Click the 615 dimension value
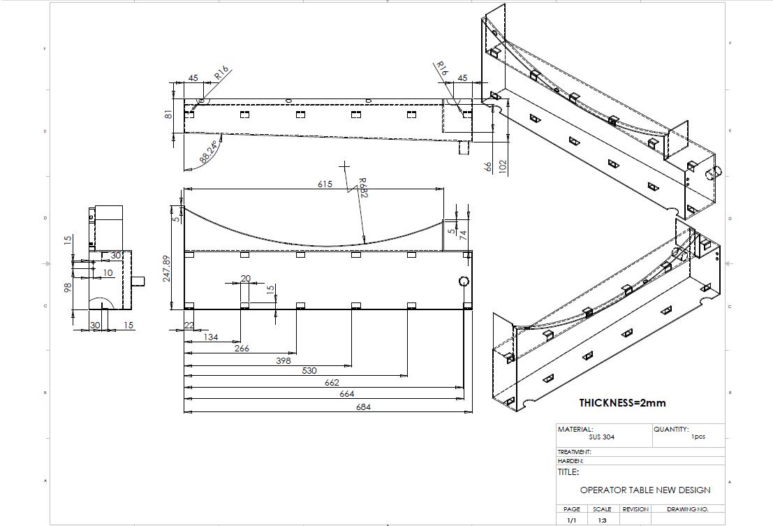click(x=325, y=184)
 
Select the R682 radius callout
click(x=362, y=189)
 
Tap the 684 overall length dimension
click(x=364, y=407)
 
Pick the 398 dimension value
click(x=283, y=360)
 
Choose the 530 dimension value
click(x=309, y=370)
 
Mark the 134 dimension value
click(x=210, y=337)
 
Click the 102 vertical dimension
click(x=503, y=167)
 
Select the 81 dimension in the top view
click(x=168, y=113)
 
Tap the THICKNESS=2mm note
click(x=622, y=402)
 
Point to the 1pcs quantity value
click(x=698, y=437)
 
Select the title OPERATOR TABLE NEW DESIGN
click(x=645, y=490)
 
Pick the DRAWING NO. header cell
click(x=687, y=509)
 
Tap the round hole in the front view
click(x=464, y=282)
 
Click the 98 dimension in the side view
click(x=68, y=287)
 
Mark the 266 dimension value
click(x=242, y=348)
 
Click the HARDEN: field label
click(x=570, y=461)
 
